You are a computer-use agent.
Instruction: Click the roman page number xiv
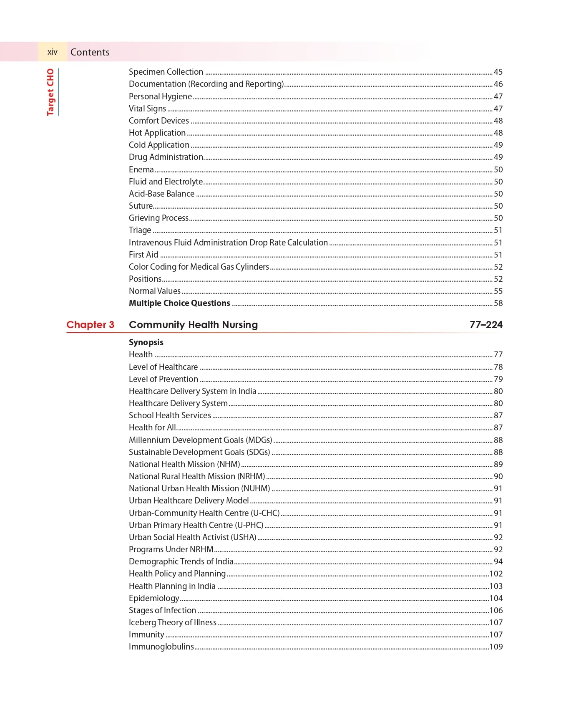pos(52,52)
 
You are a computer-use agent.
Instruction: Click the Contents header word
pos(90,52)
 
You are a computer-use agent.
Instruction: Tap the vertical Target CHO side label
pos(50,92)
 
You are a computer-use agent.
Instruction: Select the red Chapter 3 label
pos(90,325)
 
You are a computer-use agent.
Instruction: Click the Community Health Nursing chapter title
pos(193,325)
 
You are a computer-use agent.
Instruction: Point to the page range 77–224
pos(486,325)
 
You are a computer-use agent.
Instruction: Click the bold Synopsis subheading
pos(146,342)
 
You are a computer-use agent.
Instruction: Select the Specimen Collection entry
pos(166,72)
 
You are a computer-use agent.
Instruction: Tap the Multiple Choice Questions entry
pos(179,303)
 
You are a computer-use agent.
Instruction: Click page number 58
pos(498,303)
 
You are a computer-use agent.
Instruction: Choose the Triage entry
pos(140,230)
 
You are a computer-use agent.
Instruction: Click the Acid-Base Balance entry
pos(161,194)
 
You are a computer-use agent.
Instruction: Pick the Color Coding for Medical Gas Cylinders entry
pos(199,267)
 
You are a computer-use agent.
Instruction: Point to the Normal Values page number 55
pos(498,291)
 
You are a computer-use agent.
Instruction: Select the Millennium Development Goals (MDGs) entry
pos(200,440)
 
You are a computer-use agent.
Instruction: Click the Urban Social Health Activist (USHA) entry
pos(192,537)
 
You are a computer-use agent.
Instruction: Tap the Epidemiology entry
pos(154,598)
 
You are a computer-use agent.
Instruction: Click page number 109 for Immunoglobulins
pos(496,647)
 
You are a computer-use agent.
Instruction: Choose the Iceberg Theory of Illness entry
pos(172,622)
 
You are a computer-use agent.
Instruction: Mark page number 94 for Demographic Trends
pos(498,561)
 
